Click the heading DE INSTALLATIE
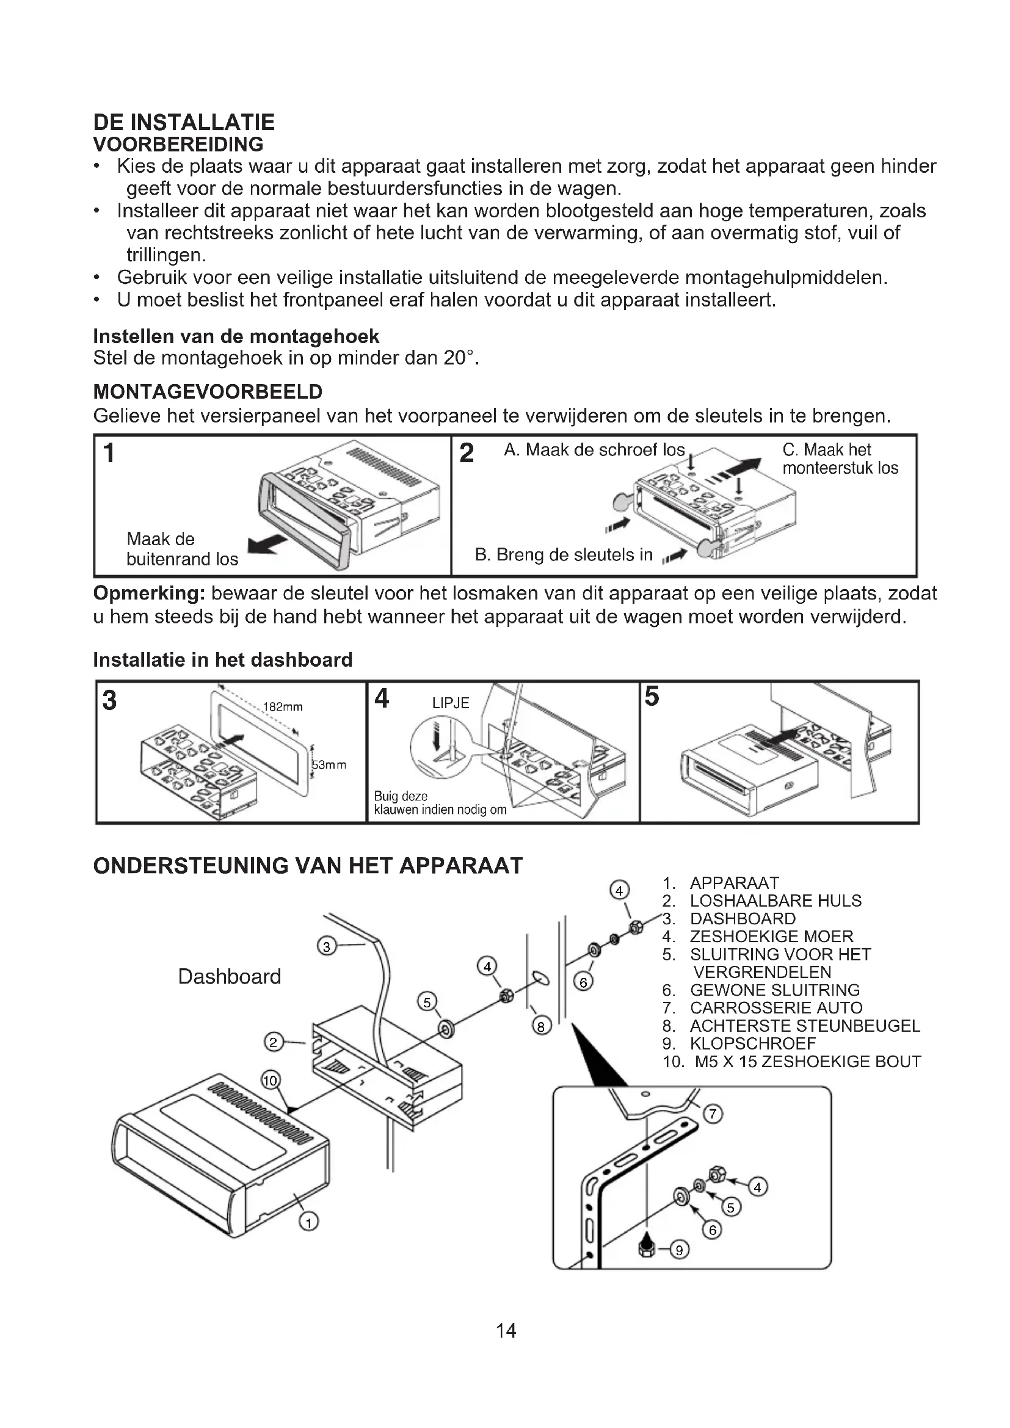(183, 122)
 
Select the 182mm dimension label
(283, 706)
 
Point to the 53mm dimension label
(329, 764)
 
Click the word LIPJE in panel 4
(450, 703)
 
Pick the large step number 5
(651, 697)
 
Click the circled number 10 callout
(271, 1081)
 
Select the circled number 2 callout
(274, 1041)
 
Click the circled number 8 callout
(541, 1026)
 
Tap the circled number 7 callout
(713, 1114)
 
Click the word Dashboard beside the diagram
(230, 976)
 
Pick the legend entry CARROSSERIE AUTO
(776, 1007)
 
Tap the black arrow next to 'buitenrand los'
(267, 544)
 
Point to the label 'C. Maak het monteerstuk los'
(840, 458)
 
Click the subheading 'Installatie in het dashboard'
(223, 659)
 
